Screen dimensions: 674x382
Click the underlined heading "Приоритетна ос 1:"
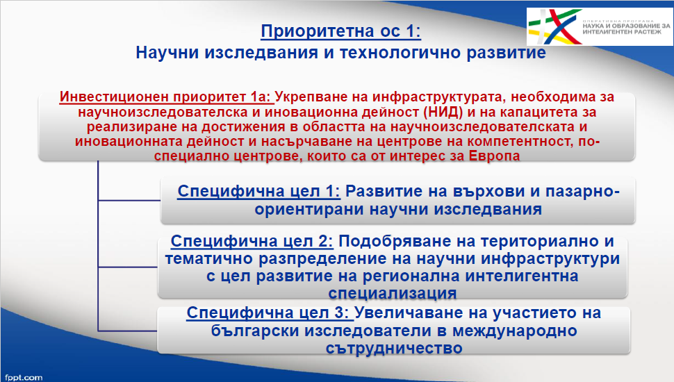pos(341,31)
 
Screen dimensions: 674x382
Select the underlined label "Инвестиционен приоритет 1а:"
pos(166,97)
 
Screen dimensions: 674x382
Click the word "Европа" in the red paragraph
pos(494,156)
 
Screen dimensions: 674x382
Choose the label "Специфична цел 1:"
pos(258,191)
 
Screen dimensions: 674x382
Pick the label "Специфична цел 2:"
pos(252,241)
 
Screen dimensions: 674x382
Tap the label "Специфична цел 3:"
pos(270,313)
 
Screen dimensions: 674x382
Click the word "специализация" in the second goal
pos(393,294)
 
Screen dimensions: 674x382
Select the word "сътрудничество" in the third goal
pos(394,348)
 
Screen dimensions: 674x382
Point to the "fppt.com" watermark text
pos(24,378)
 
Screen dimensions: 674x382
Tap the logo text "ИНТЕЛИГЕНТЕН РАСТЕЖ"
pos(622,32)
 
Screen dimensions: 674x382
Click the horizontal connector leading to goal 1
pos(129,200)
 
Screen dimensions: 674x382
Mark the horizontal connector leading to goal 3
pos(128,331)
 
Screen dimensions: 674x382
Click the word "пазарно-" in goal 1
pos(582,192)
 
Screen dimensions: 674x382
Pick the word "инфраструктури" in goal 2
pos(550,259)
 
